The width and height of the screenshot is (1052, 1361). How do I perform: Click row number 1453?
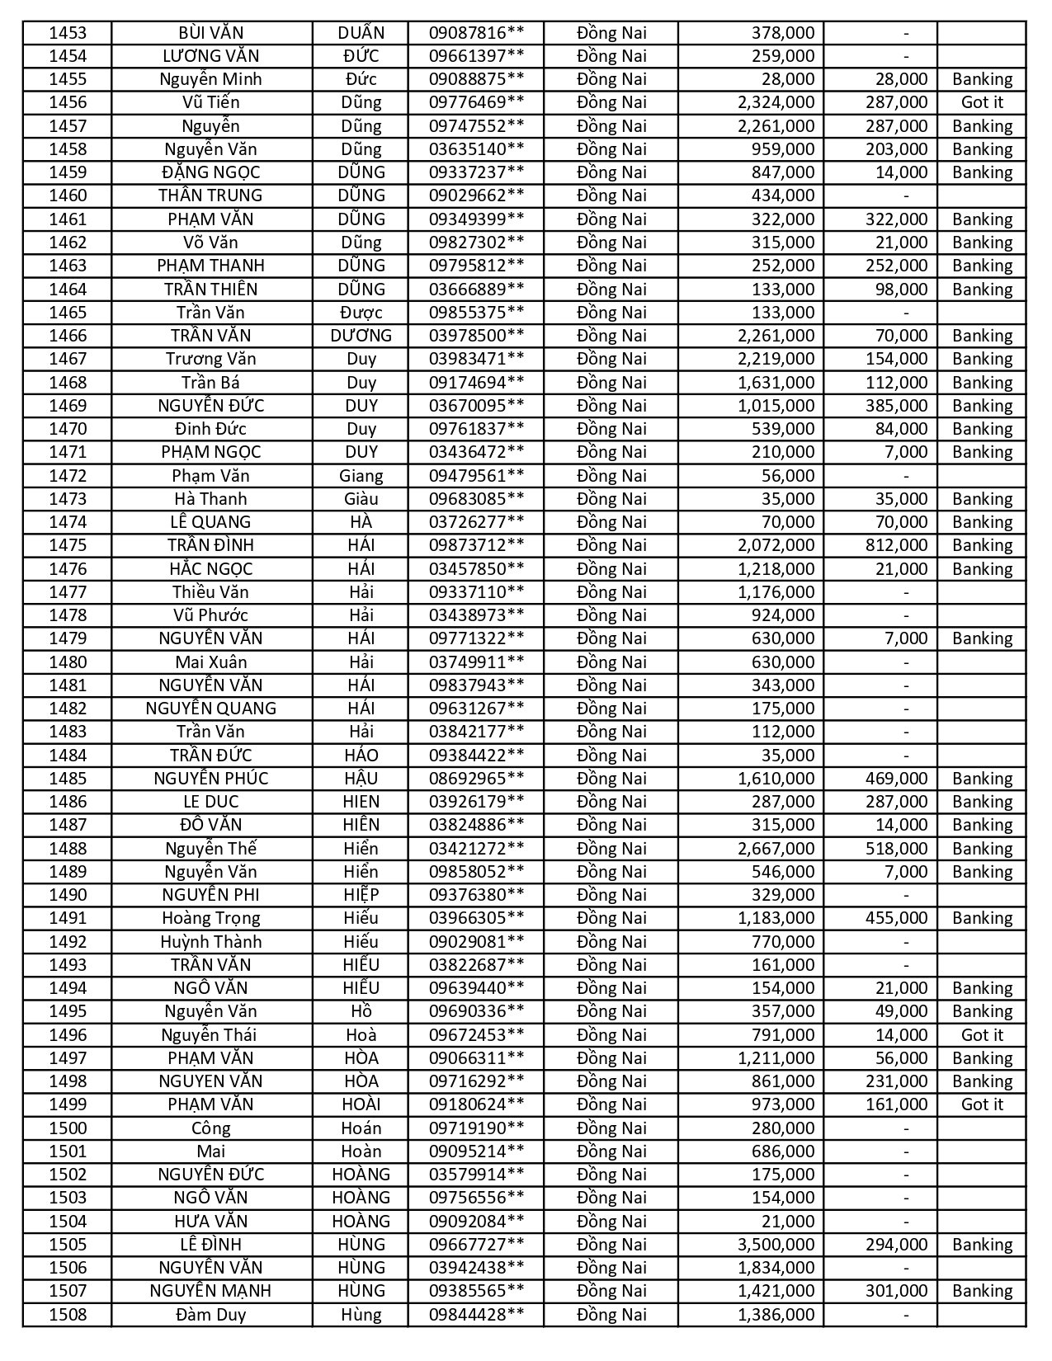click(x=68, y=33)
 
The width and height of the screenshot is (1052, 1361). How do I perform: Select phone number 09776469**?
click(x=476, y=102)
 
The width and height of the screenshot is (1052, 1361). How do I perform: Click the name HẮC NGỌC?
click(x=211, y=569)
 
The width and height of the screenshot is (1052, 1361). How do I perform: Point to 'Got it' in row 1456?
click(x=982, y=102)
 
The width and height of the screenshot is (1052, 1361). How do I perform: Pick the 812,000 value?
click(x=896, y=545)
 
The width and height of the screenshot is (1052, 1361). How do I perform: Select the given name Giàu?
click(x=361, y=499)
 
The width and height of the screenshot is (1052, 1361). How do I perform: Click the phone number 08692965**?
click(x=476, y=779)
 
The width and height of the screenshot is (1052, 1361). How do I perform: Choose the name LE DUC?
click(x=211, y=802)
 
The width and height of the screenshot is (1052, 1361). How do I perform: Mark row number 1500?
click(x=68, y=1128)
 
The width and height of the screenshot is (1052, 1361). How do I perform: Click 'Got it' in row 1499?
click(x=982, y=1104)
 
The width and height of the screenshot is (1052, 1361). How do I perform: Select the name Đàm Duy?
click(x=211, y=1315)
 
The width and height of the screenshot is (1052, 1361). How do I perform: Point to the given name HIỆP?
click(x=361, y=895)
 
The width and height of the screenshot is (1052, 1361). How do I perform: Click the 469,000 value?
click(x=896, y=779)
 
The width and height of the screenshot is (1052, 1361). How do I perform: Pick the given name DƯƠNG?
click(x=361, y=336)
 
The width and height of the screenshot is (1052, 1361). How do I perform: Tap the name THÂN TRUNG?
click(x=211, y=195)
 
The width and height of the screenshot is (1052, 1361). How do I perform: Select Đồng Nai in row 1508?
click(x=611, y=1315)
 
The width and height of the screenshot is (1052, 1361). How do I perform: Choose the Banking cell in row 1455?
click(x=982, y=79)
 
